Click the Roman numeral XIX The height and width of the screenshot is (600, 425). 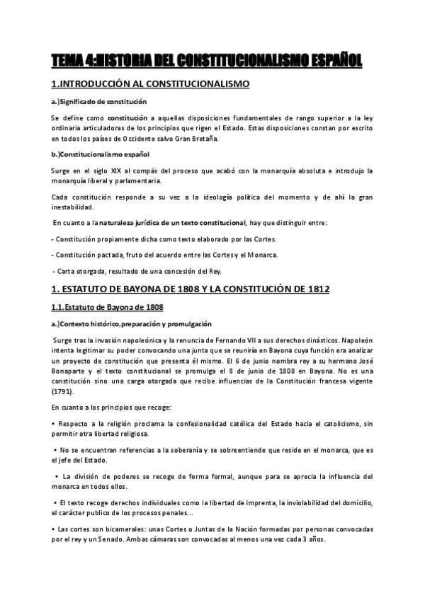[128, 171]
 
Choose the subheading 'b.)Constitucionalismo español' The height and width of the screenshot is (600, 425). [100, 154]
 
